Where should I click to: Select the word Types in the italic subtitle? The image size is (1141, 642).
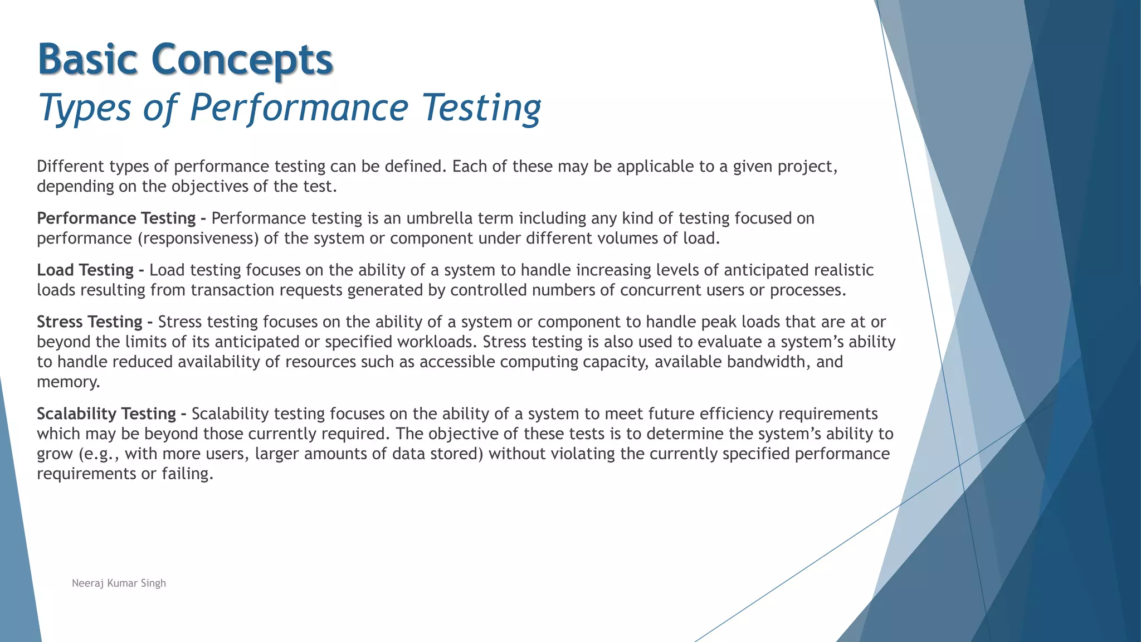[84, 107]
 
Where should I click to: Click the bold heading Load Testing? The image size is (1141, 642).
[85, 270]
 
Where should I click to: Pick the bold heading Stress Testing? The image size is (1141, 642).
[90, 322]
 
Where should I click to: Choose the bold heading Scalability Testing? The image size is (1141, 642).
[106, 414]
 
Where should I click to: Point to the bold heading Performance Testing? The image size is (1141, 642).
[116, 218]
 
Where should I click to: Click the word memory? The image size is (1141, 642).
[67, 382]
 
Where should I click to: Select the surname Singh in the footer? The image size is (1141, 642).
[153, 583]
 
